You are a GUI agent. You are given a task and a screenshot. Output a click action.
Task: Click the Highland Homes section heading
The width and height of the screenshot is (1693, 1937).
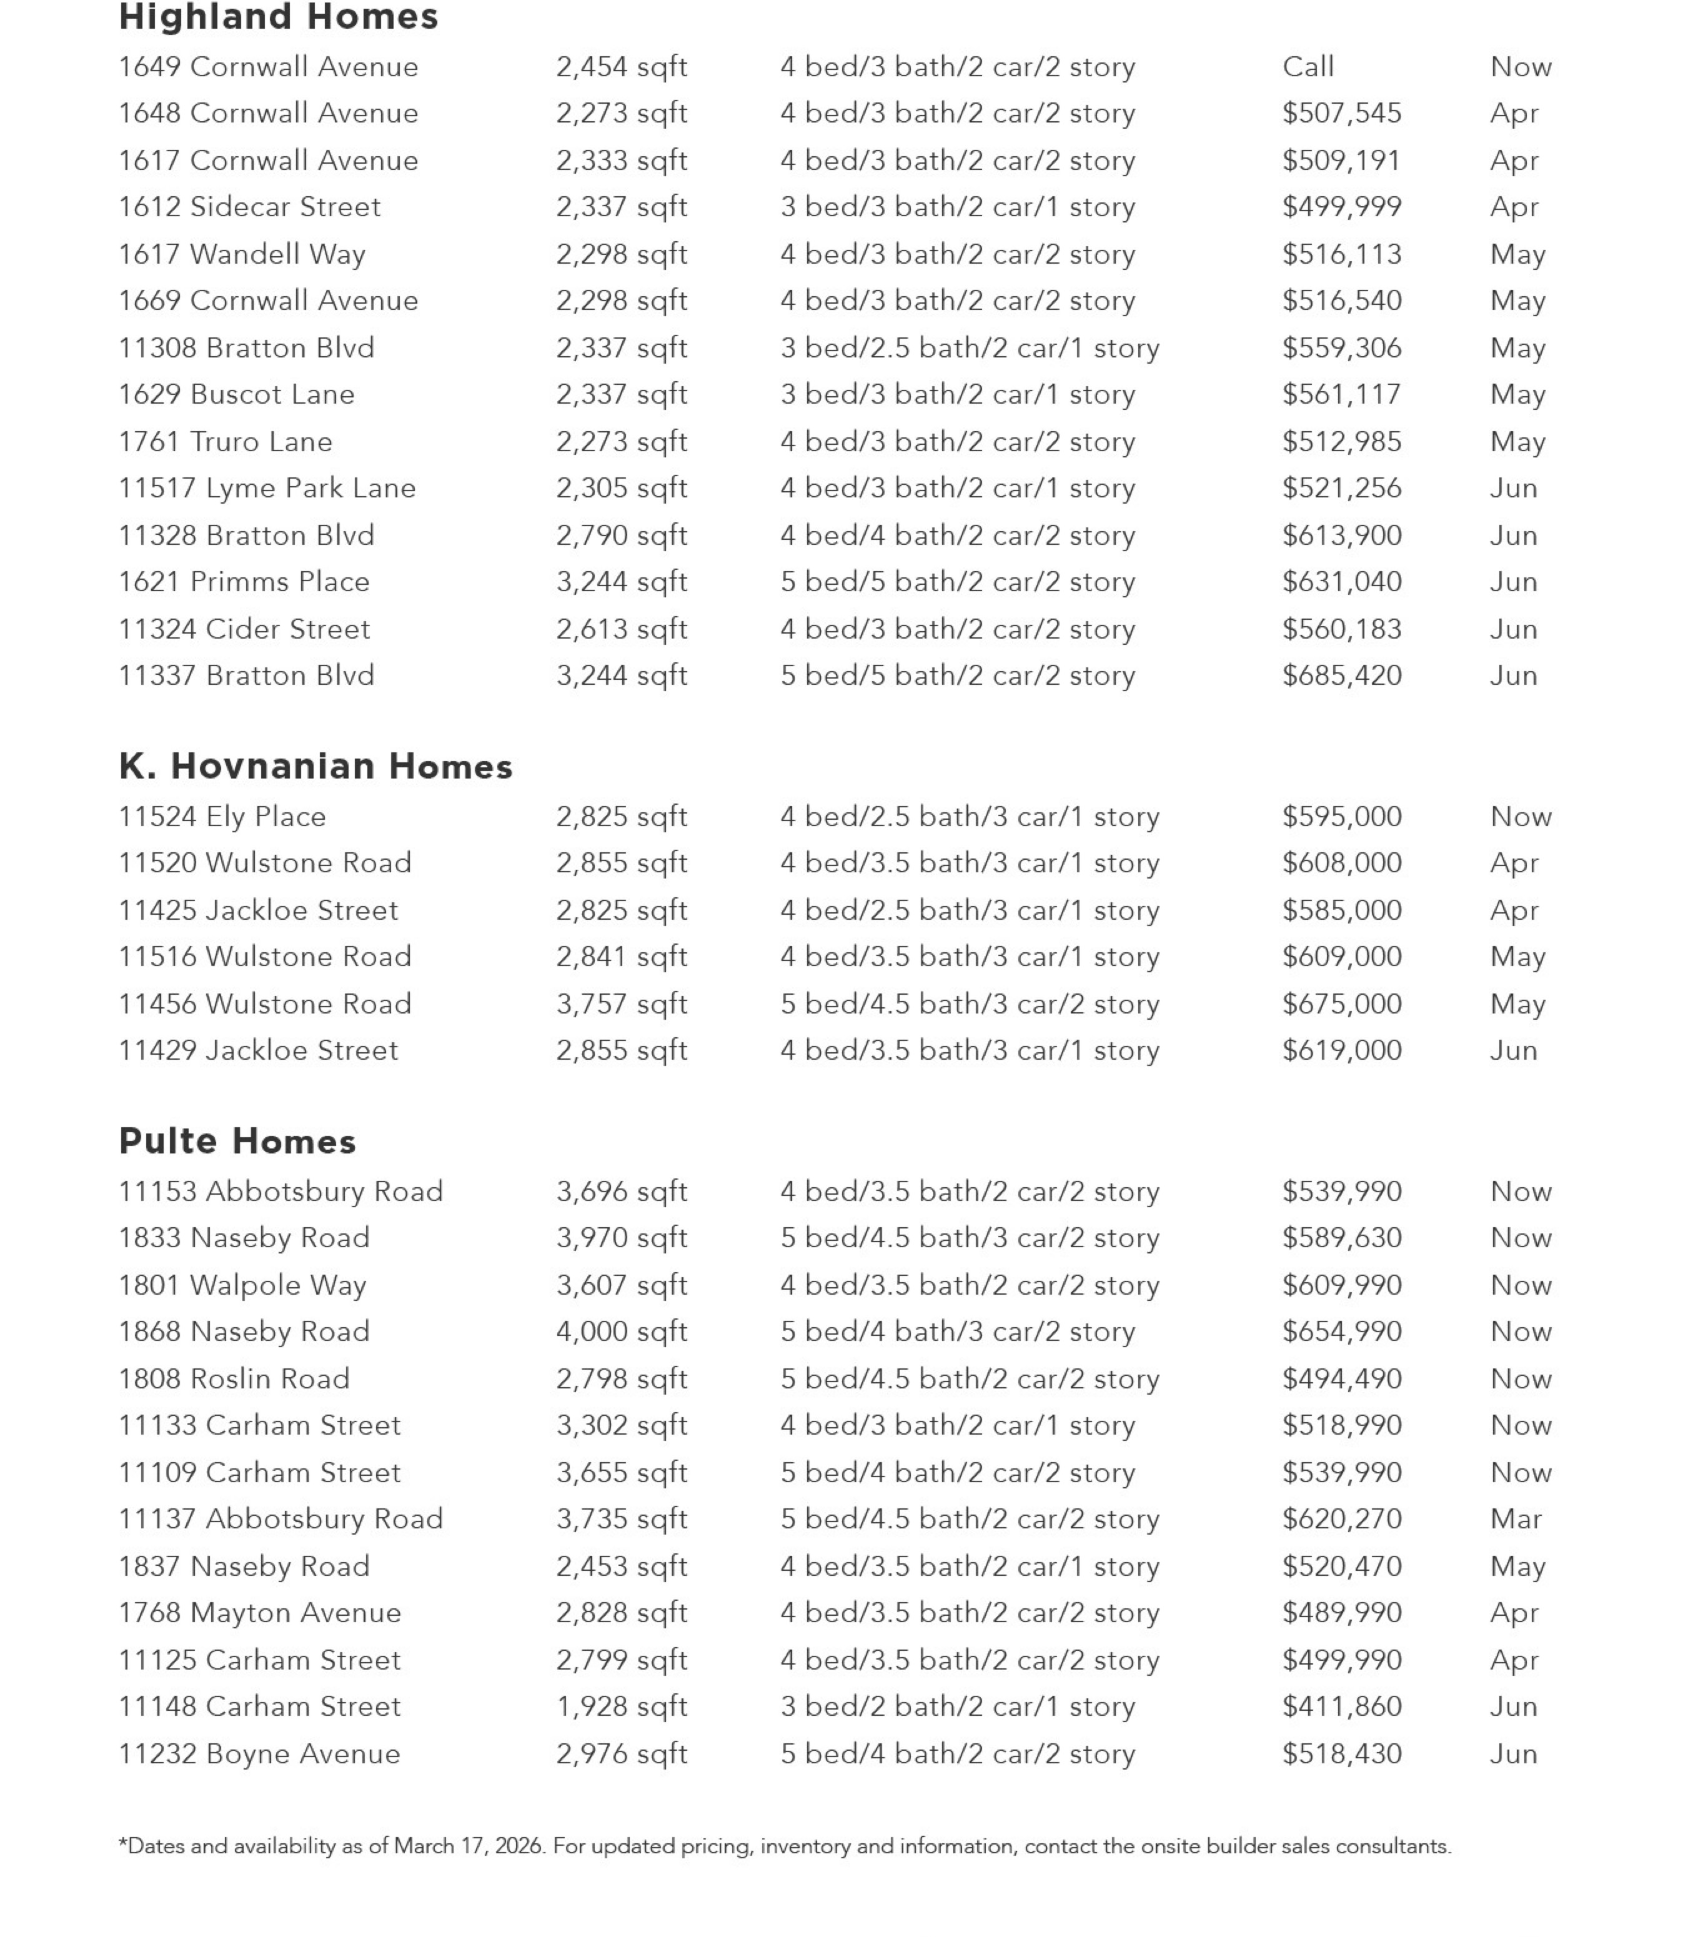coord(279,17)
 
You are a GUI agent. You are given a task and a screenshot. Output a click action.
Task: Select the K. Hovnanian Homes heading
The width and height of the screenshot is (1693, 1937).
coord(315,766)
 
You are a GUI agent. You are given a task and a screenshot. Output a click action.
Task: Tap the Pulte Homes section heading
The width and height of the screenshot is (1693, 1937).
coord(237,1142)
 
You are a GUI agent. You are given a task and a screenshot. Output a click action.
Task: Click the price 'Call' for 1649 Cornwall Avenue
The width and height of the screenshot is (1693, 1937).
coord(1308,67)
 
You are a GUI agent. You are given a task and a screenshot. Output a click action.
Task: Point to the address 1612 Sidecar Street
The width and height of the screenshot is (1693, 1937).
coord(249,207)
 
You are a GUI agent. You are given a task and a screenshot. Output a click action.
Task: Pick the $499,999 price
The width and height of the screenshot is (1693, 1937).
coord(1341,207)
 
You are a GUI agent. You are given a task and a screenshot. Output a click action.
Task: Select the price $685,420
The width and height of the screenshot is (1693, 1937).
coord(1341,675)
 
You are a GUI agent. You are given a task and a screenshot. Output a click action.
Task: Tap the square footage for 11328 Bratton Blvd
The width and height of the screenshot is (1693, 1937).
coord(622,535)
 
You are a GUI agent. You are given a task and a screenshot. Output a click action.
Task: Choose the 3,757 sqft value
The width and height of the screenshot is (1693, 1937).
coord(622,1003)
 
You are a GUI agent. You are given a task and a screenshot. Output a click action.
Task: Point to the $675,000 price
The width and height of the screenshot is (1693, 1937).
coord(1341,1003)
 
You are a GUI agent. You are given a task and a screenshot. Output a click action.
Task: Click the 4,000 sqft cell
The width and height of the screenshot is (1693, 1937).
coord(622,1332)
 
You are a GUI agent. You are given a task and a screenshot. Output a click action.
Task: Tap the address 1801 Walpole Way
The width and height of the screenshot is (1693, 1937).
coord(242,1285)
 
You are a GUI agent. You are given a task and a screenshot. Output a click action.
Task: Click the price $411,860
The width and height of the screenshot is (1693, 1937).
coord(1341,1706)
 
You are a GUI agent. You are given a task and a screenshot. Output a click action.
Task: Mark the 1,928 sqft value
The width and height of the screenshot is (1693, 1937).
coord(622,1706)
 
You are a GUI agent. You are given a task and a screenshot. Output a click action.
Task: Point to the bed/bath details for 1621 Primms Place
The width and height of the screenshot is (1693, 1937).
coord(957,582)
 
